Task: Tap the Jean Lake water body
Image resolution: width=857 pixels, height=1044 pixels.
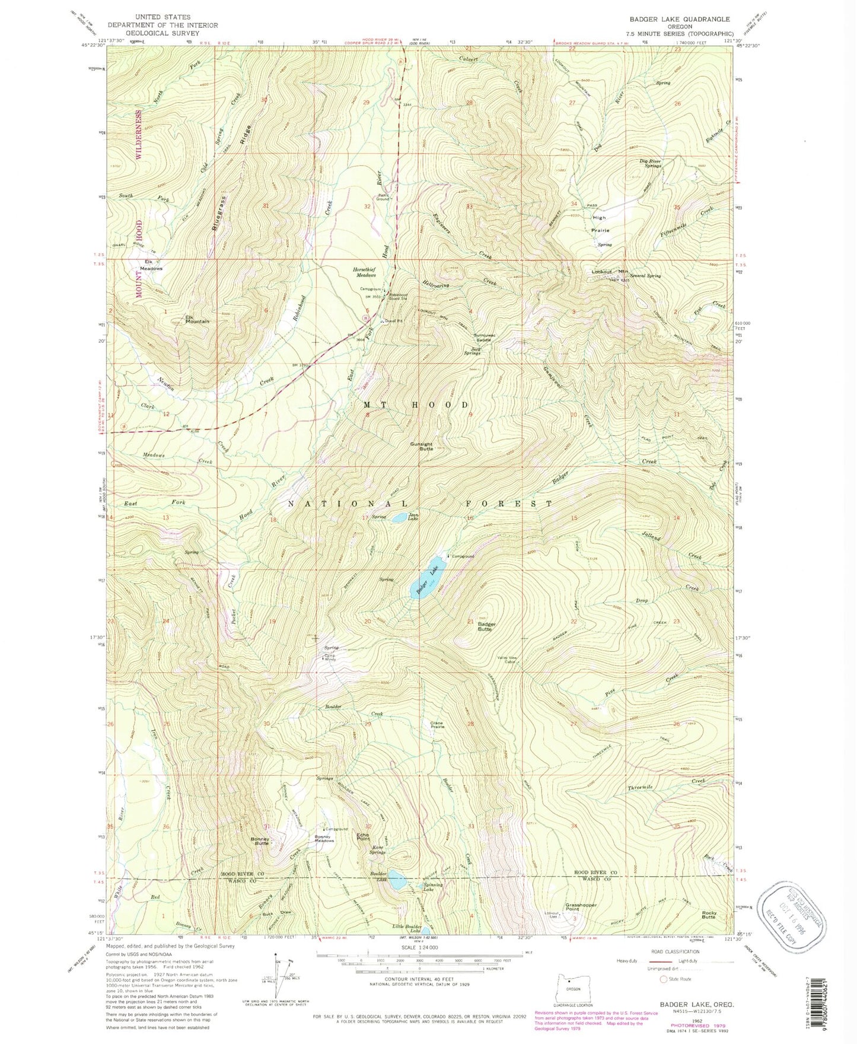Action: click(400, 518)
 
